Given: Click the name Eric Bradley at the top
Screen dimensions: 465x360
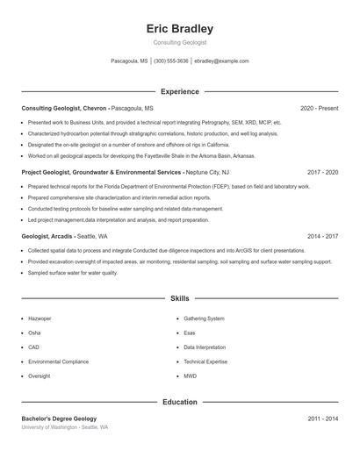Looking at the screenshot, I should point(179,29).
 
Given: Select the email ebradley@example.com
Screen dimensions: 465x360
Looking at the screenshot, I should point(221,61).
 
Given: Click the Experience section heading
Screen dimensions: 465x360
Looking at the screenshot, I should point(179,91).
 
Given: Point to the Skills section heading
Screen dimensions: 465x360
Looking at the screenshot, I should point(179,298).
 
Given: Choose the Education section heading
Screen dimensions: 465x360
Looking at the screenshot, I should point(179,402).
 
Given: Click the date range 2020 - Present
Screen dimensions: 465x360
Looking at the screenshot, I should point(319,108).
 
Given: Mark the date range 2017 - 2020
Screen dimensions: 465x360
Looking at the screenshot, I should point(322,173).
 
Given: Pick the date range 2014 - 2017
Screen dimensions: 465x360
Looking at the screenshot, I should point(322,237).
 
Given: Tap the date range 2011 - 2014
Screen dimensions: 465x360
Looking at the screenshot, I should point(322,419).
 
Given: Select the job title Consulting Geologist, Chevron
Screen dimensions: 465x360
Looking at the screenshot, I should point(64,108).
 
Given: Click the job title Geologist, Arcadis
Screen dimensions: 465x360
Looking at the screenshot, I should point(47,237).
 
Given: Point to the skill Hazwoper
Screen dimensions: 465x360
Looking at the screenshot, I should point(40,318).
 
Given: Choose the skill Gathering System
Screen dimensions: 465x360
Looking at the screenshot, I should point(204,318).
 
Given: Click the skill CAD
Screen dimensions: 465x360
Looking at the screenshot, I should point(34,347).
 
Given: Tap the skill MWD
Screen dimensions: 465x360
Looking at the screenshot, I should point(190,376).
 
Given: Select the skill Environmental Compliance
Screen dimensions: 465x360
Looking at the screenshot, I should point(57,361).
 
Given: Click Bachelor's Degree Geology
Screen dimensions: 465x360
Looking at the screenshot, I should point(59,419).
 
